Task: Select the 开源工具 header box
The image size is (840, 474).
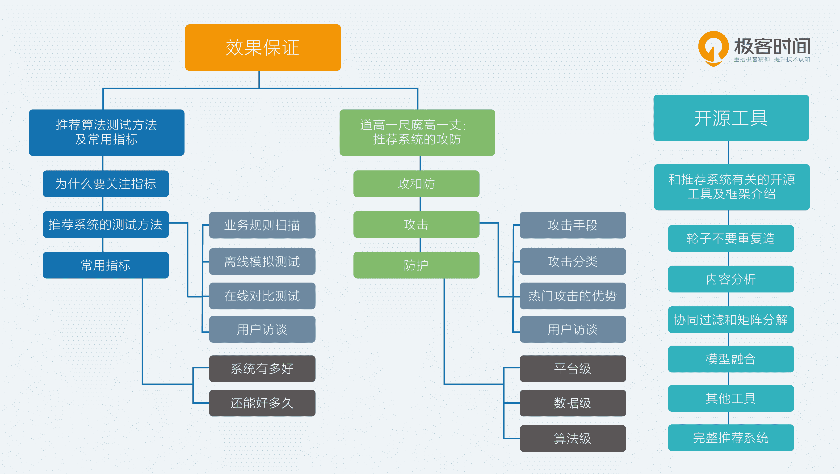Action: click(731, 118)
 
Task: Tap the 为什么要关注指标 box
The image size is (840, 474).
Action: click(106, 184)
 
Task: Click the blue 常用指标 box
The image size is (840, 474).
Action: click(106, 265)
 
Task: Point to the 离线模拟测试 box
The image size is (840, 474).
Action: click(262, 261)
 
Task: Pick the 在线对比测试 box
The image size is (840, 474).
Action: click(262, 296)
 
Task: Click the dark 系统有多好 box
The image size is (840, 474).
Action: click(262, 369)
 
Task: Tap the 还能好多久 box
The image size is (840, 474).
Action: click(262, 403)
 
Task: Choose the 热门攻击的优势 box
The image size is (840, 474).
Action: click(573, 296)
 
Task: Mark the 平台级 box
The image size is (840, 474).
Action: click(573, 369)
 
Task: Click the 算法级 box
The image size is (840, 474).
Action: click(573, 438)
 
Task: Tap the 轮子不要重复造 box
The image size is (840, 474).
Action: click(731, 238)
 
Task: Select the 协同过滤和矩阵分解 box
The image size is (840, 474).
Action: click(731, 320)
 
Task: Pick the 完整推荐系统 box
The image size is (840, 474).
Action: click(731, 437)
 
